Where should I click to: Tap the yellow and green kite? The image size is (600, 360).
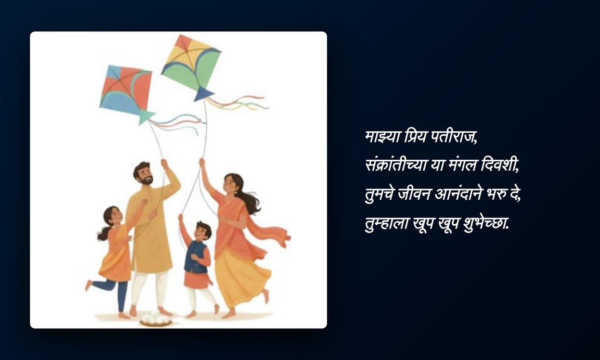point(191,64)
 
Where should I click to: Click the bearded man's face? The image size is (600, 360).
point(144,175)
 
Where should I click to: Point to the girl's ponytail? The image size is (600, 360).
point(104,233)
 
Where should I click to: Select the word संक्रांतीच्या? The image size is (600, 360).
point(396,165)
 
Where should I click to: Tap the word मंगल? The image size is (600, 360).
point(458,166)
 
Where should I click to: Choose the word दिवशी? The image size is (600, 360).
point(499,165)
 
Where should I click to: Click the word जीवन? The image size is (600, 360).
point(414,193)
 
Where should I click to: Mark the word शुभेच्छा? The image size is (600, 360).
point(486,223)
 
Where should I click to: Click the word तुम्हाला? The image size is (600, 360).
point(386,223)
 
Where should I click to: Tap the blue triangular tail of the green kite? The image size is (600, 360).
point(203,94)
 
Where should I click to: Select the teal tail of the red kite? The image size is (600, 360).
point(146,118)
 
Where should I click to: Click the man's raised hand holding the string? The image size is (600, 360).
point(164,164)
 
